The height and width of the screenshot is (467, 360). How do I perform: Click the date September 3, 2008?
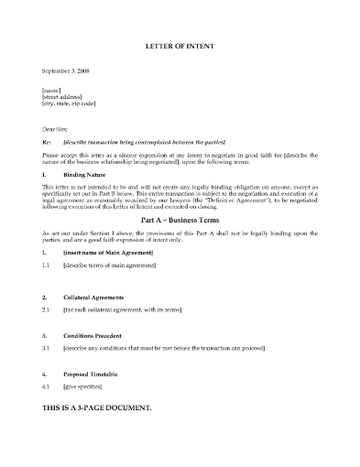click(67, 71)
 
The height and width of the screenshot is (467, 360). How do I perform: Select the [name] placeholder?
click(51, 90)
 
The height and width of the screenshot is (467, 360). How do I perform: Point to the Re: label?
click(47, 144)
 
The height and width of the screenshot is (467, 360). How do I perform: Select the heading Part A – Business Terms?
click(179, 222)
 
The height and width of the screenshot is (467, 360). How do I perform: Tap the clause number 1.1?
click(47, 265)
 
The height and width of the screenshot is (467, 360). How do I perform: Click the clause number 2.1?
click(47, 311)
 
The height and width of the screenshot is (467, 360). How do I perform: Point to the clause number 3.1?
click(47, 349)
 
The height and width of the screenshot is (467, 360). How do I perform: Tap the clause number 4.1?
click(47, 387)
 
